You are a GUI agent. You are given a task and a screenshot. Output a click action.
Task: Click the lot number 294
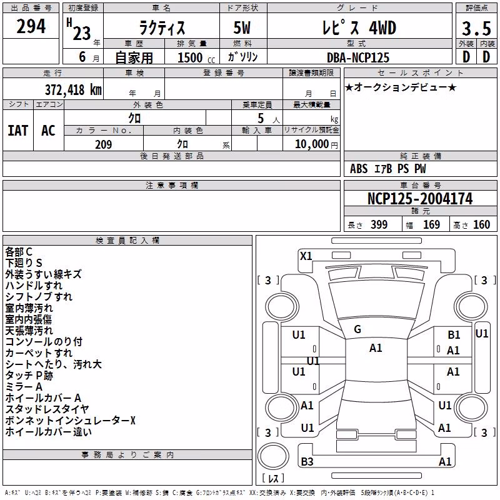(31, 26)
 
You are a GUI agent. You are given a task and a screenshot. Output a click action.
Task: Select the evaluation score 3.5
(476, 28)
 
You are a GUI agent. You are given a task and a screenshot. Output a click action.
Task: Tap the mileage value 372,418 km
(73, 89)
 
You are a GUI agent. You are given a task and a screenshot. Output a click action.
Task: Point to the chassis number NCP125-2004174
(420, 199)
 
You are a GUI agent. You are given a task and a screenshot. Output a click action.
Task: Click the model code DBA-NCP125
(358, 57)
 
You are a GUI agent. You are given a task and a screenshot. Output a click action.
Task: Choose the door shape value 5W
(242, 27)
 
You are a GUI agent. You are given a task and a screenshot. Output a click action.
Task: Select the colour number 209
(103, 144)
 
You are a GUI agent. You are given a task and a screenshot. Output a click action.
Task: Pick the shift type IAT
(17, 131)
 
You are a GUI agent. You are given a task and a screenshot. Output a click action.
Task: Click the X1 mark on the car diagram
(306, 256)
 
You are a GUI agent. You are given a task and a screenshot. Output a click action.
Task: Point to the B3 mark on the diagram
(307, 461)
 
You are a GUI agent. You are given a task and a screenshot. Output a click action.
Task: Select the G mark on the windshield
(357, 329)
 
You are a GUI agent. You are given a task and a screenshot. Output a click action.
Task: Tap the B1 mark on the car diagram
(454, 335)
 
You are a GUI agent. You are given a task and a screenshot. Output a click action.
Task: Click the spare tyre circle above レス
(273, 456)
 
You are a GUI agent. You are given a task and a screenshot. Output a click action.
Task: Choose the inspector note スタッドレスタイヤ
(47, 409)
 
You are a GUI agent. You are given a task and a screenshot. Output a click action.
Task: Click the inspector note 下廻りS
(24, 262)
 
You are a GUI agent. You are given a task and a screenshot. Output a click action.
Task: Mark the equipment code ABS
(359, 169)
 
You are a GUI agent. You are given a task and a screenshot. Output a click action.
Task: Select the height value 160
(481, 224)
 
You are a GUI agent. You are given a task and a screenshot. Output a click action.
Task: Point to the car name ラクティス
(162, 27)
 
